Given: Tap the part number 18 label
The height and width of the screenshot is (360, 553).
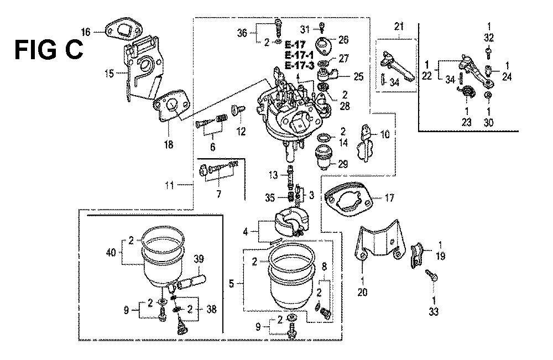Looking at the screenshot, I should point(168,145).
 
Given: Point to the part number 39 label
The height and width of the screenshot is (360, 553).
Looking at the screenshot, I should point(199,259).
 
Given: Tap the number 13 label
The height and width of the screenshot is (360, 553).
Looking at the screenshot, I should point(273,175).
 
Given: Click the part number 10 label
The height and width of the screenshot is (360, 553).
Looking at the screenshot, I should point(385,134).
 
